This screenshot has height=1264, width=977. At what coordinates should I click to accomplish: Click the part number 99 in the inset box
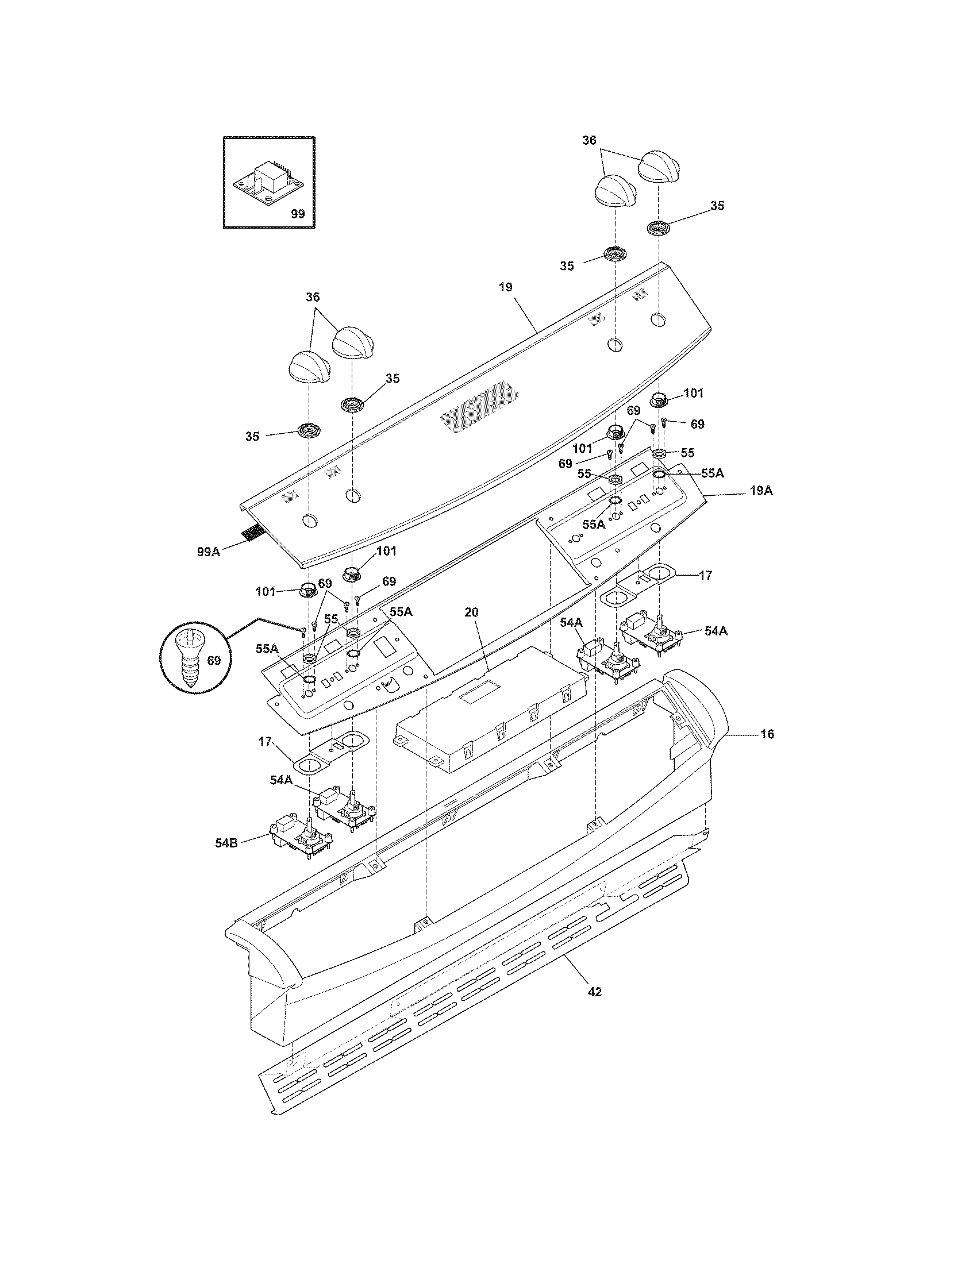(x=297, y=214)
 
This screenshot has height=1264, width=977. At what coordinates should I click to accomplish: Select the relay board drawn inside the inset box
(x=268, y=182)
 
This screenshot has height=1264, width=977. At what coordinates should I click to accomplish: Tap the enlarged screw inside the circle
(x=190, y=660)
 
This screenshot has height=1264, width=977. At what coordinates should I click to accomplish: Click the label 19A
(x=761, y=491)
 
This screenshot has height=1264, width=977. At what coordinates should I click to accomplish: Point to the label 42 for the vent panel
(x=594, y=992)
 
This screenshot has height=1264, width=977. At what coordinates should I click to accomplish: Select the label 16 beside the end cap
(x=767, y=734)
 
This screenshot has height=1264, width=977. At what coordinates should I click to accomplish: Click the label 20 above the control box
(x=472, y=612)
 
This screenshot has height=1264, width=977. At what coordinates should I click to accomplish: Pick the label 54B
(x=226, y=843)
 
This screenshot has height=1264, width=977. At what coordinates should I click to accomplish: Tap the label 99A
(x=209, y=552)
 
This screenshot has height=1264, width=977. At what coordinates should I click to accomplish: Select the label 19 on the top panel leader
(x=505, y=287)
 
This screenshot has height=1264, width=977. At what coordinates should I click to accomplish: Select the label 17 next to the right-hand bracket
(x=705, y=575)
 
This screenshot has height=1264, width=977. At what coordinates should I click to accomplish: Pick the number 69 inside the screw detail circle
(x=214, y=660)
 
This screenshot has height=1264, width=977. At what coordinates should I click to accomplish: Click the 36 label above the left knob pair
(x=313, y=297)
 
